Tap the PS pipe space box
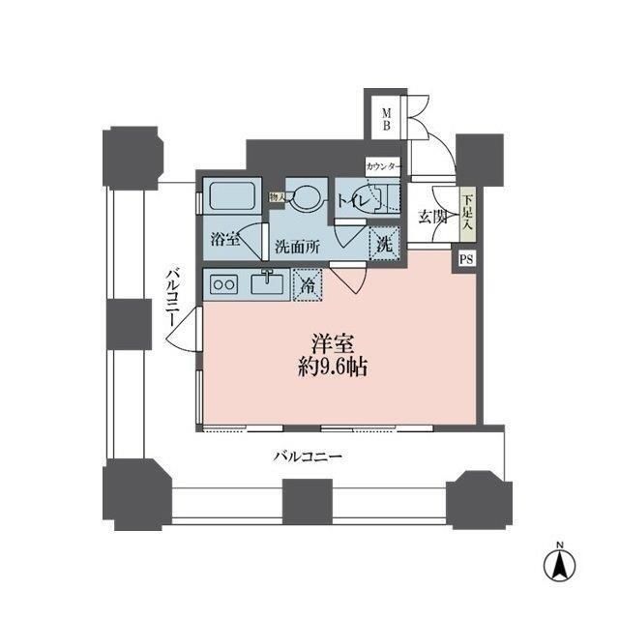(x=466, y=258)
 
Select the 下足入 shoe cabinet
(x=467, y=212)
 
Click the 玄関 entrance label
(x=432, y=217)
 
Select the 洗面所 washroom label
(x=296, y=246)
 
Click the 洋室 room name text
(x=330, y=342)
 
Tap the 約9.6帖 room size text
(x=331, y=368)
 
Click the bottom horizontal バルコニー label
(x=308, y=455)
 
